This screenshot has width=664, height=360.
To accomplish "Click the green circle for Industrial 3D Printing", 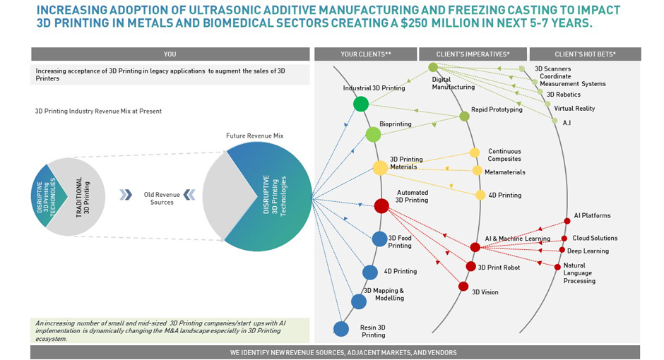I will [361, 104].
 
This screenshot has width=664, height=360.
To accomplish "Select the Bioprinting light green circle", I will [373, 134].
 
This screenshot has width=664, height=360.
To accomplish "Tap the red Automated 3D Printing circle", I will [381, 205].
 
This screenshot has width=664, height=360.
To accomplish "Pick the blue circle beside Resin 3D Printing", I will [341, 328].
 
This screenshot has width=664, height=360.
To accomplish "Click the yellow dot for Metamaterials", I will [478, 170].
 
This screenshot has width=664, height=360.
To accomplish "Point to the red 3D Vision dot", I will [463, 286].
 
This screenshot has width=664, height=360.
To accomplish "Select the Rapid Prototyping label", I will [497, 109].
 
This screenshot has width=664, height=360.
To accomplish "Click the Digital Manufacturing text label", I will [453, 83].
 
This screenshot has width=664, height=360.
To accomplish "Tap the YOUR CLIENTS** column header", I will [366, 54].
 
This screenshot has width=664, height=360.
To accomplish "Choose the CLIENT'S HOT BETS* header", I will [585, 54].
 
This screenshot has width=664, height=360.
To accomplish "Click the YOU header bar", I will [170, 54].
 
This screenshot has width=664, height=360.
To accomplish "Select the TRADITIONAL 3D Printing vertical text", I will [83, 196].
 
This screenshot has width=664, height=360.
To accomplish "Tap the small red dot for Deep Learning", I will [562, 250].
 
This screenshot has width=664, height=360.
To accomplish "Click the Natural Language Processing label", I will [579, 273].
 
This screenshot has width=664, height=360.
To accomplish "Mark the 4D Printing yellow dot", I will [480, 195].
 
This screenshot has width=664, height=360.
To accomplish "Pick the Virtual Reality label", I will [574, 109].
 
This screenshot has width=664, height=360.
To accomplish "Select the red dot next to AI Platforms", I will [567, 221].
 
